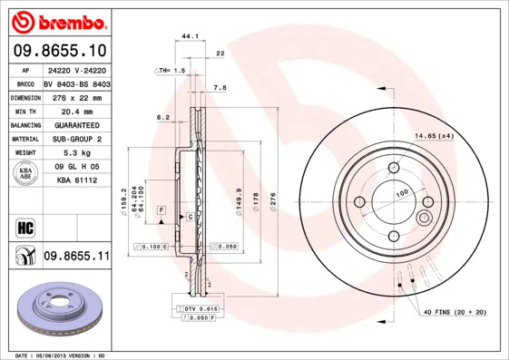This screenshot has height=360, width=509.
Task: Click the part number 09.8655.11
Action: tap(75, 258)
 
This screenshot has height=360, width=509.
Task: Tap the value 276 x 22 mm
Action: tap(75, 97)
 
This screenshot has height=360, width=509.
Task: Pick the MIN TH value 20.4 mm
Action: tap(75, 111)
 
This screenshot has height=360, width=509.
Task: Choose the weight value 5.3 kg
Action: tap(75, 152)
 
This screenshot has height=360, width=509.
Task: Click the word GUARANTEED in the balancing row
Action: tap(75, 124)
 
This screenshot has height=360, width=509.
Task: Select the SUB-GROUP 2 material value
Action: tap(75, 139)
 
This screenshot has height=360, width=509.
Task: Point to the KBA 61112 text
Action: tap(75, 180)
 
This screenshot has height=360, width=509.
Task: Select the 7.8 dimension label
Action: tap(219, 87)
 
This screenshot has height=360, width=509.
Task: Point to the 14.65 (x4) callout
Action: tap(434, 135)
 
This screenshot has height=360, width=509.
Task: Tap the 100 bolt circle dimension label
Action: tap(401, 191)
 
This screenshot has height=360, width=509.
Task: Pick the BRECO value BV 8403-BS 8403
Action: tap(75, 83)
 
